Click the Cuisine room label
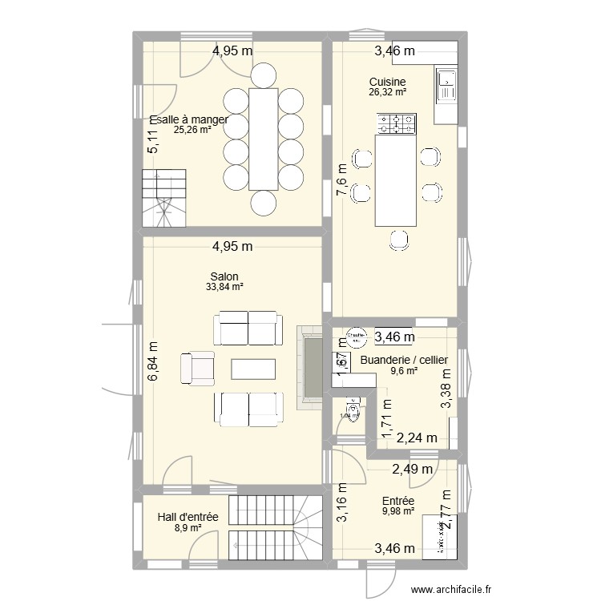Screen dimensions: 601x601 point(387,82)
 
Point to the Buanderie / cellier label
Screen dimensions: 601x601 point(404,360)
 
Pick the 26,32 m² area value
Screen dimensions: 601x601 point(387,92)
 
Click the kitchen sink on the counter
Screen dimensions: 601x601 point(445,87)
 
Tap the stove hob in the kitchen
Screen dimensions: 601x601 point(397,123)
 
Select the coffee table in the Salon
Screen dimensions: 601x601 point(253,369)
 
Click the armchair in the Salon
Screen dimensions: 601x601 point(198,367)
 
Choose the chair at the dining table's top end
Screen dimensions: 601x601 point(263,76)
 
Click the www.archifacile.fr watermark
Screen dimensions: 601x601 point(451,589)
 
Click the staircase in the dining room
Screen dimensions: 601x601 point(165,198)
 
